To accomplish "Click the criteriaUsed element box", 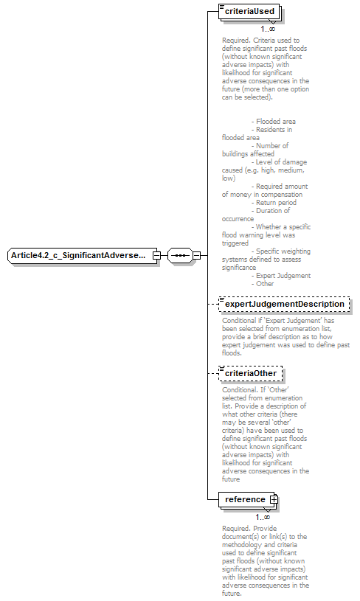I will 250,12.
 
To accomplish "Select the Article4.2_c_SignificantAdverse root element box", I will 79,256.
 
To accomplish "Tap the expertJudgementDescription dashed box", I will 285,304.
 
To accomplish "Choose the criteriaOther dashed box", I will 250,373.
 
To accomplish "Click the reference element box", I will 245,499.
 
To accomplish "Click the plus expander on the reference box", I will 274,499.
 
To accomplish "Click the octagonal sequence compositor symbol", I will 179,256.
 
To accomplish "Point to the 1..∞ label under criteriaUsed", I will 268,29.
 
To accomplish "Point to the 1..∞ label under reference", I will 263,517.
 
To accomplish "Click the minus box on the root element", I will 156,256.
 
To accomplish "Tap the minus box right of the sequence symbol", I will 196,256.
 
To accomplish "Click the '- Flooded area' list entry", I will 274,121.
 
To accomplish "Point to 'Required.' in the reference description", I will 237,528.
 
